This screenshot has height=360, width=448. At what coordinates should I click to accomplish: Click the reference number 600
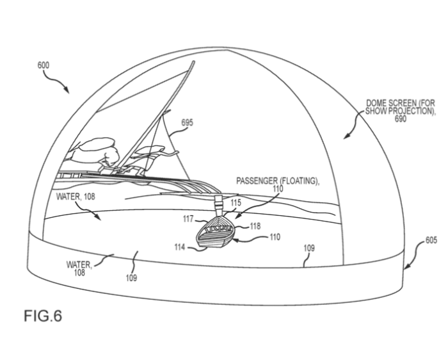[x=44, y=65]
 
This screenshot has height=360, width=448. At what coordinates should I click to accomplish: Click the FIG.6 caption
[x=43, y=316]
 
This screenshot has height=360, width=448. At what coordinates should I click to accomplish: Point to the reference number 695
[x=187, y=122]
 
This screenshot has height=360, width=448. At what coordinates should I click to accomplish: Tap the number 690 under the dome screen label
[x=401, y=119]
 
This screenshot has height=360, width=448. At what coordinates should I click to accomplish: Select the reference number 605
[x=431, y=240]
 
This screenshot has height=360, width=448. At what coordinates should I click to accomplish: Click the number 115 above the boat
[x=236, y=202]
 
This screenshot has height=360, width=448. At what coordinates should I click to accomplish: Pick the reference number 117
[x=189, y=219]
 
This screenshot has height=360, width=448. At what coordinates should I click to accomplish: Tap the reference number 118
[x=255, y=226]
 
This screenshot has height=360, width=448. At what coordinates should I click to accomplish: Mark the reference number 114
[x=180, y=247]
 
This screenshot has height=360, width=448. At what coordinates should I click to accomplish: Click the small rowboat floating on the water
[x=215, y=231]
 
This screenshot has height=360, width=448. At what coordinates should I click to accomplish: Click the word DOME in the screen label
[x=377, y=103]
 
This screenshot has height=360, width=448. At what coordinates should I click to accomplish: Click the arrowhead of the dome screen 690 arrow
[x=346, y=136]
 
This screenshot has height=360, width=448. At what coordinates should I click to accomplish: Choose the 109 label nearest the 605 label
[x=309, y=248]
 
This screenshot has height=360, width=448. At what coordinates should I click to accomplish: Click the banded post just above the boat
[x=219, y=206]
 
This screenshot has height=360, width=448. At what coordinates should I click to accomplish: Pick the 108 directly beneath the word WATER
[x=79, y=272]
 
